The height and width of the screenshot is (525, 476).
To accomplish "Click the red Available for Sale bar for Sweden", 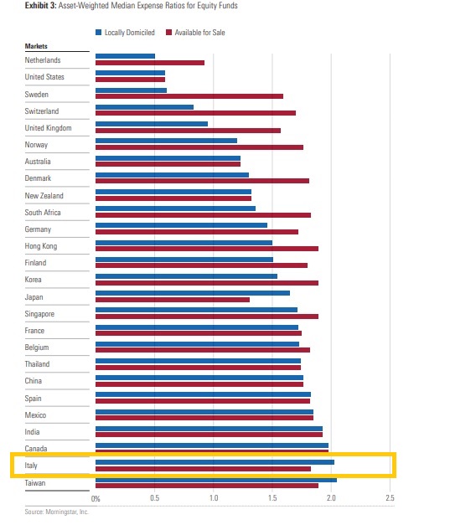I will coord(189,96).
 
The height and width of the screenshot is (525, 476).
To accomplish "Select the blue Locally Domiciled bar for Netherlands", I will coord(126,56).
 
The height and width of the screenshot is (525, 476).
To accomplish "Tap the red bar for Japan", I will coord(173,299).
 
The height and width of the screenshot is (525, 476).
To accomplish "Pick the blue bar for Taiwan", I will coord(216,479).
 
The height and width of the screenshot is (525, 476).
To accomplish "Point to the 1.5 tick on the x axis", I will coord(273,498).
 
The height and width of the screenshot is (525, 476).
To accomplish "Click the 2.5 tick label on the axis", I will coord(389,498).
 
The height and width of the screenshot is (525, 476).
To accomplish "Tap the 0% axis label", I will coord(96,498).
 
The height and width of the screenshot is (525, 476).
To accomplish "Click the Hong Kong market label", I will coord(41,246).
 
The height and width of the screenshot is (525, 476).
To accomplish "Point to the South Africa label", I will coord(44,212).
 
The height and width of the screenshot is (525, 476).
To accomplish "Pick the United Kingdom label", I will coord(48,128).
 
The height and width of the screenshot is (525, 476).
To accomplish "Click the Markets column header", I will coord(36,47).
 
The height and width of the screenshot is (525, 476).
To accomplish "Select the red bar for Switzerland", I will coord(195,113).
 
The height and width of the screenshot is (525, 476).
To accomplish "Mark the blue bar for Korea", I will coord(186,275).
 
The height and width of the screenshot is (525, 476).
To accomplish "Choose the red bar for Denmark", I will coord(202,181).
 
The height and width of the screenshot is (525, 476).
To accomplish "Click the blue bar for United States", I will coord(130,73).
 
